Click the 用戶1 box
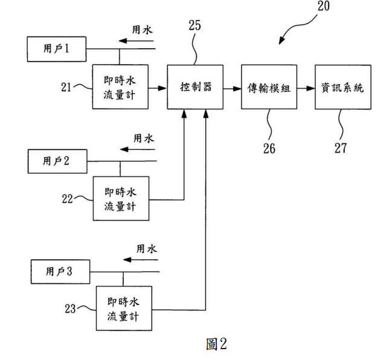(57, 49)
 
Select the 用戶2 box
(57, 161)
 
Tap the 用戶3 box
(60, 272)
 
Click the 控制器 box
(195, 87)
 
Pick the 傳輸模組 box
(269, 87)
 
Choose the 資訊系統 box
(343, 87)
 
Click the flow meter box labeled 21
(120, 87)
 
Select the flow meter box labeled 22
(121, 199)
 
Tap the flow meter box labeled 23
(124, 308)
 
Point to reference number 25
(195, 25)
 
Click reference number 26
(269, 148)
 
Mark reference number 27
(341, 148)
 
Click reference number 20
(324, 6)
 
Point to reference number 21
(66, 87)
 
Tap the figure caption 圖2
(217, 344)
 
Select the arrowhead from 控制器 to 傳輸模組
(237, 89)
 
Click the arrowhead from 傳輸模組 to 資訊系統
(311, 88)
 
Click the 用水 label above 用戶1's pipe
(142, 30)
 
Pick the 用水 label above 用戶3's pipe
(147, 249)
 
